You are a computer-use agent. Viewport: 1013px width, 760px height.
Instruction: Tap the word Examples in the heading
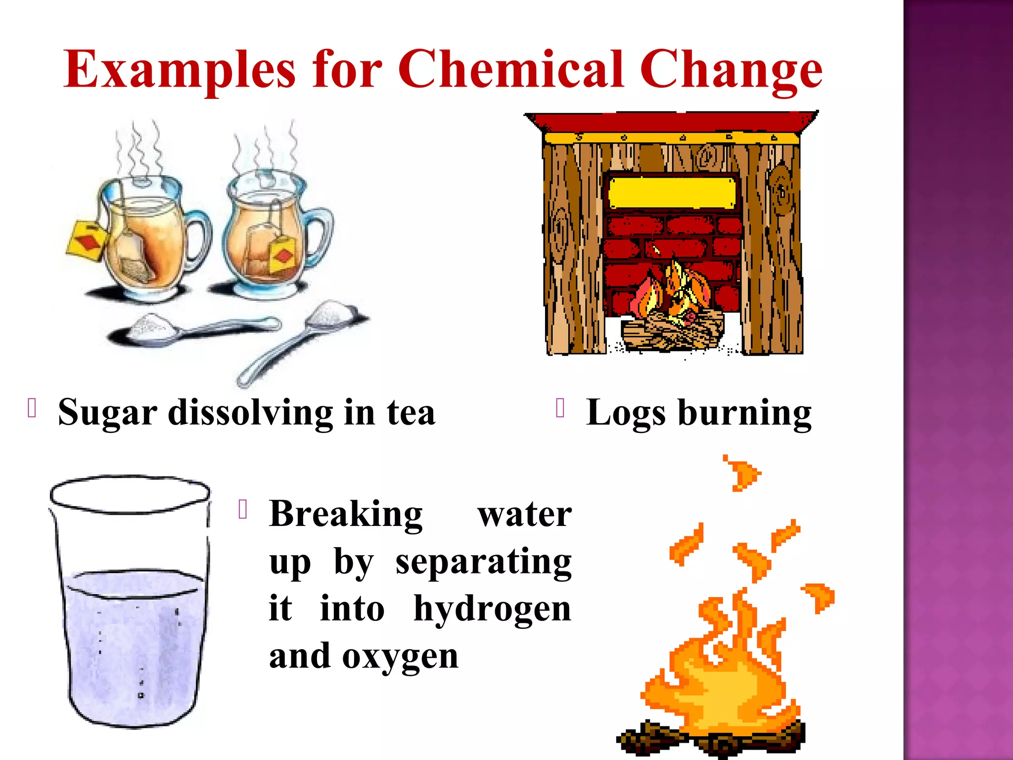(x=180, y=70)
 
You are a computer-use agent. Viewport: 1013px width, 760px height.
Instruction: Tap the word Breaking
(x=346, y=515)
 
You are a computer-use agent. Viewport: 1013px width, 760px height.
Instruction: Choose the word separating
(x=483, y=563)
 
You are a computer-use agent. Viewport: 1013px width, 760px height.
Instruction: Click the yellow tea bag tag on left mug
(x=85, y=239)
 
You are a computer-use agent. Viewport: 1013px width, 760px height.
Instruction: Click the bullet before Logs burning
(x=560, y=408)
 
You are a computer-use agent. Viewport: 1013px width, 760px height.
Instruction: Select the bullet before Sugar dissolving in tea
(x=32, y=408)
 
